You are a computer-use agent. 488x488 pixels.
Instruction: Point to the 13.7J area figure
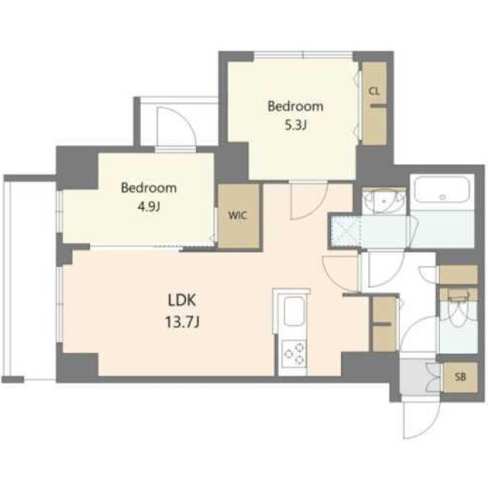coord(182,323)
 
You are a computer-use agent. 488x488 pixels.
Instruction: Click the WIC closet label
coord(237,216)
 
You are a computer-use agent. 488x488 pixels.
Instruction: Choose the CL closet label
coord(374,91)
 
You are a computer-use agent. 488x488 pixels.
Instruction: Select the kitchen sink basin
coord(292,313)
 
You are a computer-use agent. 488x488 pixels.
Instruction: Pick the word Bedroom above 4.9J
coord(149,188)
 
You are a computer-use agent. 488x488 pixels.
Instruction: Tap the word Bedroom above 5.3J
coord(294,106)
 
